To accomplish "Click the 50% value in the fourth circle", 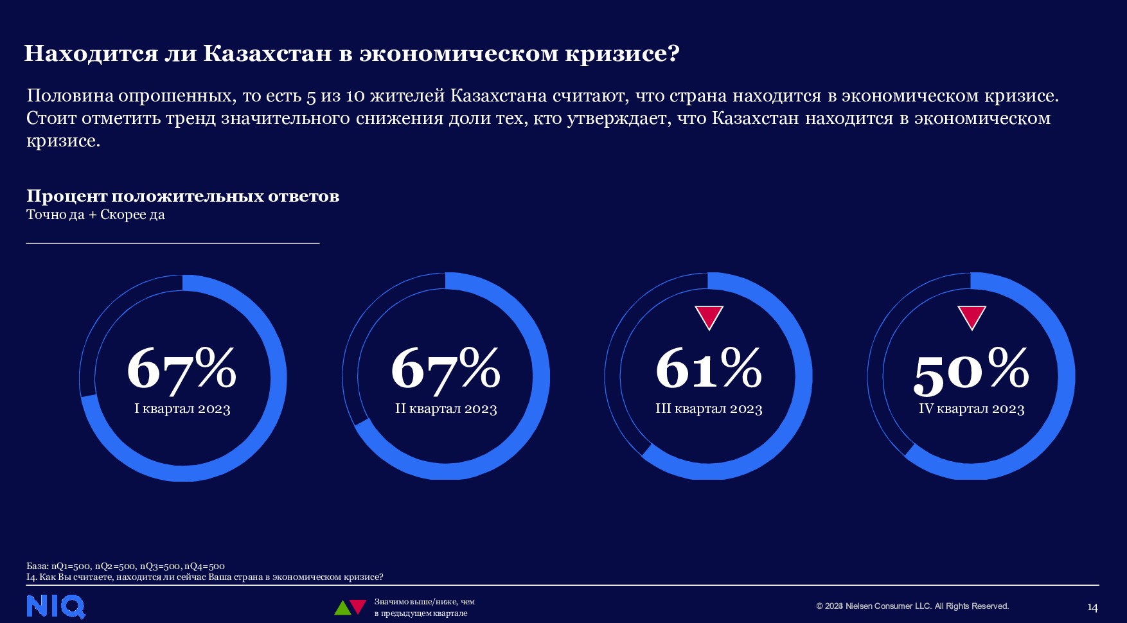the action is click(x=971, y=371).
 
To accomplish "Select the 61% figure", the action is click(x=709, y=368).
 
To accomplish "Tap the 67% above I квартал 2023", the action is click(x=182, y=369).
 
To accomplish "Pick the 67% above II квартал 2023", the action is click(x=445, y=369).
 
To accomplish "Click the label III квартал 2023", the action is click(x=709, y=409).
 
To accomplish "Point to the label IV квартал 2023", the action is click(x=972, y=409).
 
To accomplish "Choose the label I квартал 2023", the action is click(x=182, y=409).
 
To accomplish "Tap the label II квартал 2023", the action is click(x=446, y=409).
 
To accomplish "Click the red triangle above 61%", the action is click(x=709, y=317).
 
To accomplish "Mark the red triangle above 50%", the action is click(x=972, y=317).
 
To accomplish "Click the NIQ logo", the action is click(x=56, y=607).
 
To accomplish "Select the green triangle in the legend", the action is click(x=342, y=608).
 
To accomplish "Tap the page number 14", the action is click(x=1092, y=608).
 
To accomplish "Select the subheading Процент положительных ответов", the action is click(x=182, y=196).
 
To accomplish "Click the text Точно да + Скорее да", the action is click(x=96, y=215).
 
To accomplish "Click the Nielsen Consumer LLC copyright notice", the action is click(x=912, y=606).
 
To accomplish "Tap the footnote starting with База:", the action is click(x=125, y=566).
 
